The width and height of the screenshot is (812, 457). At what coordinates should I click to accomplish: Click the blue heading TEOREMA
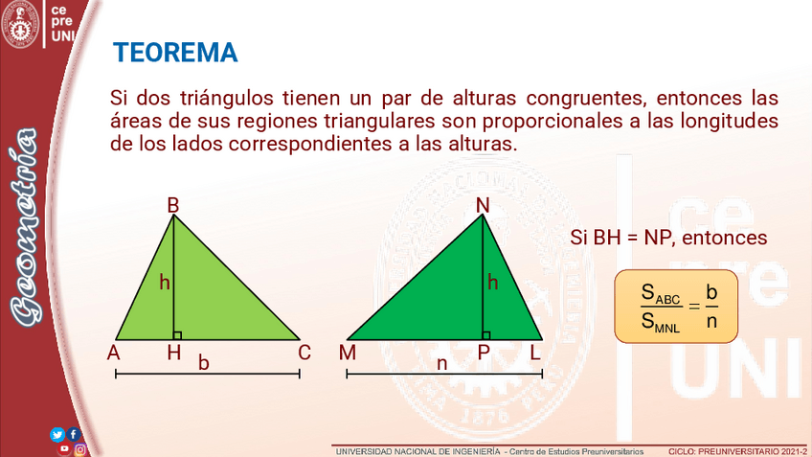pos(175,53)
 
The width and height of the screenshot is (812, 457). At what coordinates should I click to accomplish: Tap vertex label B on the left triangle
pos(173,206)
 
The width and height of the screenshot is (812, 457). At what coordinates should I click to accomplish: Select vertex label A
pos(113,353)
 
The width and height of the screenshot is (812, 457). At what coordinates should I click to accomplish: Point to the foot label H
pos(174,353)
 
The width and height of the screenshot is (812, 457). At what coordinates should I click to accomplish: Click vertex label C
pos(304,353)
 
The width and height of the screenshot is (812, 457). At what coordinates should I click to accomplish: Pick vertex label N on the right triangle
pos(483,206)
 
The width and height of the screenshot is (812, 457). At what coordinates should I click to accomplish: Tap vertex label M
pos(348,353)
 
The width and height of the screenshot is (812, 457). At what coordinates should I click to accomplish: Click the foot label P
pos(484,353)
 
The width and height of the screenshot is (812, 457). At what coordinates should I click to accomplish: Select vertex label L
pos(535,353)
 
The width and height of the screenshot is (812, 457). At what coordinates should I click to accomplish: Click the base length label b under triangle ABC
pos(204,363)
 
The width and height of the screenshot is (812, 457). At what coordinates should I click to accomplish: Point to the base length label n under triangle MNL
pos(441,364)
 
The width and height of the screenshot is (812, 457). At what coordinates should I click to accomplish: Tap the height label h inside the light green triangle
pos(165,283)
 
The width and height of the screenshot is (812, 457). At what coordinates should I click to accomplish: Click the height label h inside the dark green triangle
pos(492,283)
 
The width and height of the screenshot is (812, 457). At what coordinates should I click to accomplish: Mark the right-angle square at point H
pos(178,335)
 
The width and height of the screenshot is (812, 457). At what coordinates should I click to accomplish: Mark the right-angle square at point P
pos(486,335)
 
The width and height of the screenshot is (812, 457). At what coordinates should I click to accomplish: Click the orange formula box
pos(676,307)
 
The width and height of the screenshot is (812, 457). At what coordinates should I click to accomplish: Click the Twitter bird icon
pos(56,434)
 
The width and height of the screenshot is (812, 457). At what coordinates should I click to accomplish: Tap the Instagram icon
pos(79,449)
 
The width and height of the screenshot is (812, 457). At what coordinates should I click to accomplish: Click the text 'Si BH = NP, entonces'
pos(668,238)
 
